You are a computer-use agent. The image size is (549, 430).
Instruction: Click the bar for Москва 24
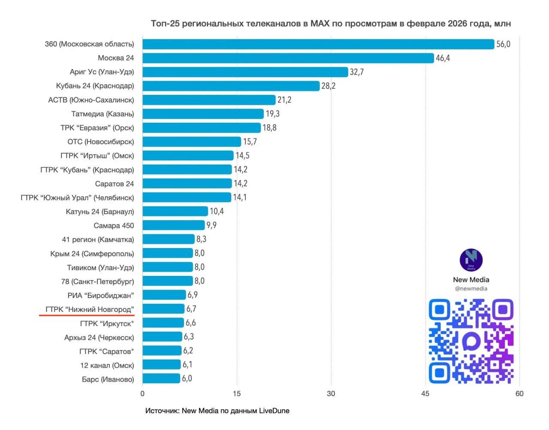[x=288, y=58]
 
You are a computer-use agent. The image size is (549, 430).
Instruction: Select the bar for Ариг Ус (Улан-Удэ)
[x=245, y=72]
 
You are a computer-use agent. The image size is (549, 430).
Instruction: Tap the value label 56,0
[x=503, y=44]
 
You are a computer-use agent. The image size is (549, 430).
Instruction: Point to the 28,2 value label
[x=328, y=86]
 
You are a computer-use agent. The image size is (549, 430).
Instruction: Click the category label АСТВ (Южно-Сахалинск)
[x=91, y=100]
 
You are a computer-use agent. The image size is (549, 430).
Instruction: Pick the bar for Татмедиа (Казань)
[x=203, y=114]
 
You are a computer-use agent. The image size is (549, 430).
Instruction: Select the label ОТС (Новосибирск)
[x=100, y=142]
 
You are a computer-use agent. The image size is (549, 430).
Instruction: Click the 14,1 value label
[x=240, y=197]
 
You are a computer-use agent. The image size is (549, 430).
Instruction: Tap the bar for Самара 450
[x=173, y=225]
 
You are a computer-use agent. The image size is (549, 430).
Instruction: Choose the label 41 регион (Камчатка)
[x=98, y=239]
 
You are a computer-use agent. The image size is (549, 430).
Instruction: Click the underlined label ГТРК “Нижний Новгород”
[x=90, y=309]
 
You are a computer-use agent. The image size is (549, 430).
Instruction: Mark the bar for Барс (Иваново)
[x=161, y=379]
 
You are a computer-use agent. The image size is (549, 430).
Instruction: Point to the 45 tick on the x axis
[x=425, y=394]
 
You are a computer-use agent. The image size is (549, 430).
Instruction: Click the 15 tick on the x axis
[x=237, y=394]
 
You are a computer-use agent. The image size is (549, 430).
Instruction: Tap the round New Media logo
[x=471, y=260]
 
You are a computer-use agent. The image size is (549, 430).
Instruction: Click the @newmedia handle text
[x=471, y=289]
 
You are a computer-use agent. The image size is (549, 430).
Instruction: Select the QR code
[x=471, y=341]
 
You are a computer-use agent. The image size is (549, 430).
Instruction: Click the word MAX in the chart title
[x=320, y=24]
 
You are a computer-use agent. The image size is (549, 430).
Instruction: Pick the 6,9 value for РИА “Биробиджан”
[x=192, y=295]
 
